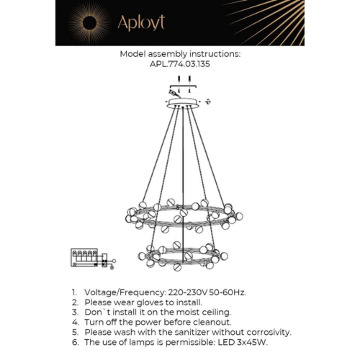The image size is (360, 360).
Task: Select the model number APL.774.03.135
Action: tap(180, 63)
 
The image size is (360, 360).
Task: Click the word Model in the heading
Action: tap(134, 54)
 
